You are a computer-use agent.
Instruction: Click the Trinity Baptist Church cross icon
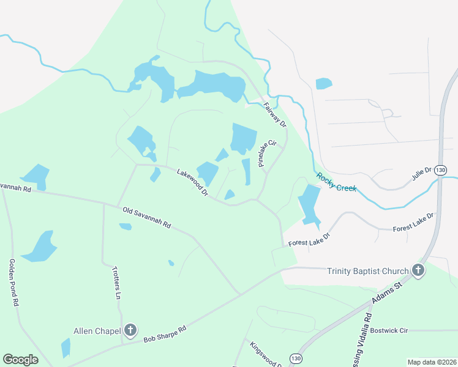coord(418,270)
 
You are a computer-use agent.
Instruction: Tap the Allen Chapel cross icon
coord(130,331)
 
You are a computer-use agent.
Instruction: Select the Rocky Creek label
coord(336,182)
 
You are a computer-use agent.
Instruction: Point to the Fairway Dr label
coord(275,114)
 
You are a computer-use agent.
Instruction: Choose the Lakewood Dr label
coord(192,183)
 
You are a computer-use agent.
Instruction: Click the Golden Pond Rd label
coord(13,282)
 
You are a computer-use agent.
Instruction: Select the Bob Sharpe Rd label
coord(164,332)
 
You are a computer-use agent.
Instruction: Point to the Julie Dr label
coord(422,176)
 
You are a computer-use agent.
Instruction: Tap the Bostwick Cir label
coord(389,330)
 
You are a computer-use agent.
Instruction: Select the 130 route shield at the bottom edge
coord(296,358)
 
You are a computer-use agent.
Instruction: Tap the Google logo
coord(20,360)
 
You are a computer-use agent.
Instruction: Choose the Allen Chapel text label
coord(97,331)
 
